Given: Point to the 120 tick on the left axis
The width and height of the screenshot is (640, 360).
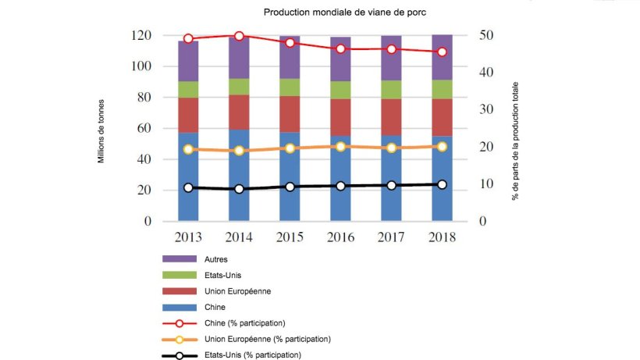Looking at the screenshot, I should tap(140, 36).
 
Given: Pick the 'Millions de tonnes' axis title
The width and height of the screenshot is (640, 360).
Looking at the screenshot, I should tap(101, 129).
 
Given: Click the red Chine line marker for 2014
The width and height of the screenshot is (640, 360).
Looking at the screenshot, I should tap(239, 36).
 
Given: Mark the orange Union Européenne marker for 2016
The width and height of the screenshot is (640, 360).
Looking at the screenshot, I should tap(340, 146).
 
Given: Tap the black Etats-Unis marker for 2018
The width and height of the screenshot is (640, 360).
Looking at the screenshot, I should tap(442, 184).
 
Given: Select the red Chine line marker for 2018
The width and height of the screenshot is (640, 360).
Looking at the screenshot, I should tap(442, 52).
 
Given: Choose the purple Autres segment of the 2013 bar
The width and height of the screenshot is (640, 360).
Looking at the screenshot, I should tap(188, 61).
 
